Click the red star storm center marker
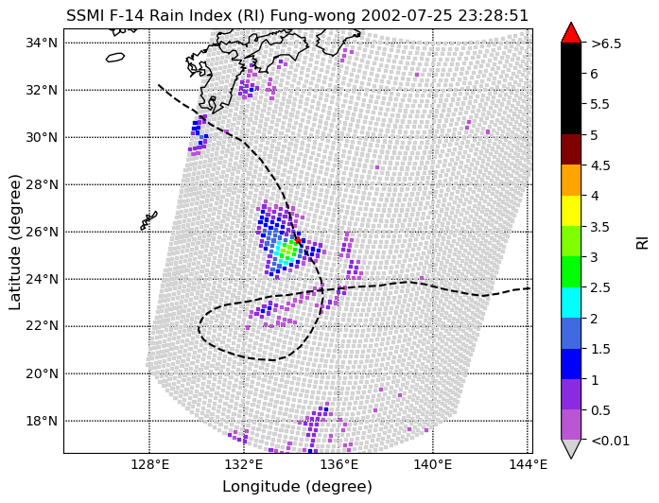(x=298, y=240)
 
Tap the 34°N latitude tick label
(x=42, y=43)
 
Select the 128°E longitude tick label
(x=149, y=465)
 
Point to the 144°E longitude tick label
(x=528, y=465)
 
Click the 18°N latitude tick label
(x=42, y=421)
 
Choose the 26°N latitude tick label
(x=42, y=232)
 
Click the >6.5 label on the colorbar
(x=606, y=43)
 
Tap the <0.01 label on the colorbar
(x=610, y=441)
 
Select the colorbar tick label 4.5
(x=600, y=165)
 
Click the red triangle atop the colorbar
(x=571, y=34)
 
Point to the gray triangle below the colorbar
(x=571, y=448)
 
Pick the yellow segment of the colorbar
(x=571, y=211)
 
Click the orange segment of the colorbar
(x=571, y=181)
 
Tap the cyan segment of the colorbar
(x=571, y=303)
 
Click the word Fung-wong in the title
(x=313, y=15)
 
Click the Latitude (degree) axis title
(x=15, y=242)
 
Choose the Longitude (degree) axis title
(x=298, y=487)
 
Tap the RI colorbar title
(x=643, y=242)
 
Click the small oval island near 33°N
(x=115, y=57)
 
